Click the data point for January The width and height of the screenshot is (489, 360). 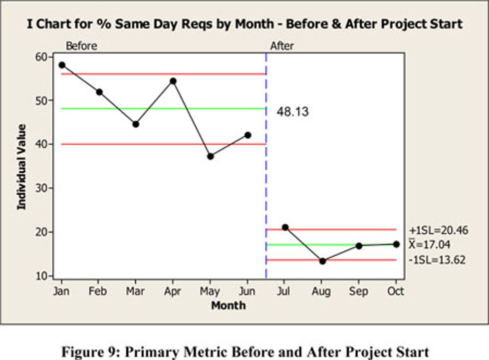[x=62, y=65]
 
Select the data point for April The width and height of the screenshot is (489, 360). [x=173, y=81]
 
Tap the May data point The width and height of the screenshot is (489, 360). [x=211, y=156]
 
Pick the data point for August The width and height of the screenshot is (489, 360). [x=322, y=261]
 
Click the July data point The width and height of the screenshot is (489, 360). [x=285, y=227]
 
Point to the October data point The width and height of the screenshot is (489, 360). [x=396, y=244]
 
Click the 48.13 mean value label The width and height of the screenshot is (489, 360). [x=293, y=112]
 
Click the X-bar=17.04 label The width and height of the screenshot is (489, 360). [x=434, y=245]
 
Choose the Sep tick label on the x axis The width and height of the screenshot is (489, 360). [x=359, y=292]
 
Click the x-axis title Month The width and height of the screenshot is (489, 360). [x=228, y=305]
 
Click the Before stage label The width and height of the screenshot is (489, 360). [x=81, y=46]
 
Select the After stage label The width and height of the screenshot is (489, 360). [x=282, y=46]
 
